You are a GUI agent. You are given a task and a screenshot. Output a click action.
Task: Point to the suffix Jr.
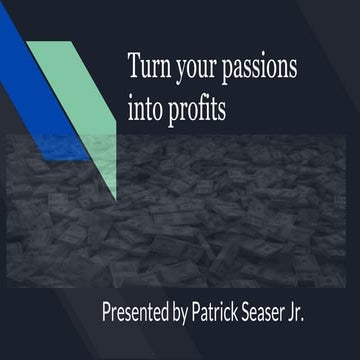tap(322, 311)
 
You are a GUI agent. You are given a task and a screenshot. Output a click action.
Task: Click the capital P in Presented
tap(107, 311)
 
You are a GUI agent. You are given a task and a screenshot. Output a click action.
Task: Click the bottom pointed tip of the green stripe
tap(116, 198)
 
